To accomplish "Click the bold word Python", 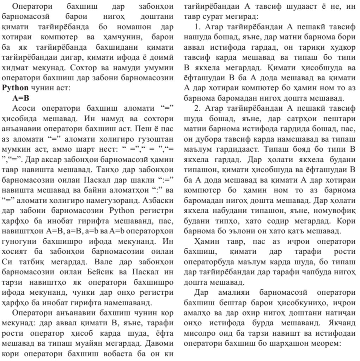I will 15,88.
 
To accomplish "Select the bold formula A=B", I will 21,98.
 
